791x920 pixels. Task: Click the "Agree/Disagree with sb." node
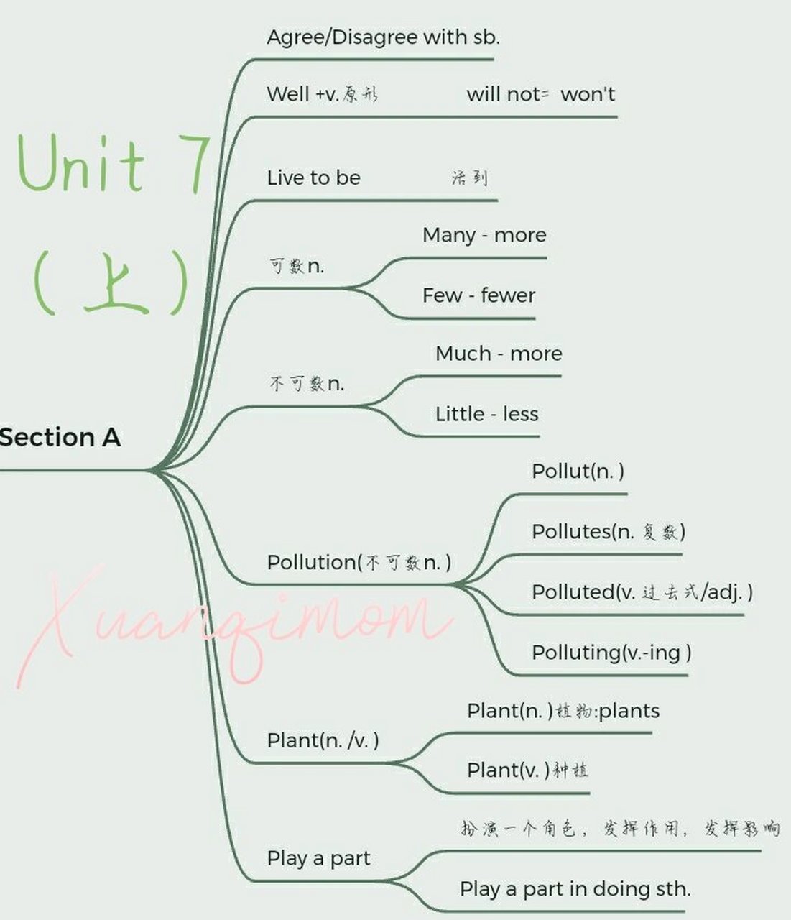click(x=383, y=37)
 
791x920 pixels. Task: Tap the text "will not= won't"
click(x=540, y=94)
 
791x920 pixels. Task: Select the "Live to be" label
click(x=313, y=178)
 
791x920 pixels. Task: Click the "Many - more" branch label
click(x=484, y=235)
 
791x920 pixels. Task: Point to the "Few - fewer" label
click(x=478, y=295)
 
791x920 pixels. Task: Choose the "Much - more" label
click(x=498, y=354)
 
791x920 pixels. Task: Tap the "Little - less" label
click(x=486, y=414)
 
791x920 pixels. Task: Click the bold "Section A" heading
click(x=60, y=437)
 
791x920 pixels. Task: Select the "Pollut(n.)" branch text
click(x=578, y=471)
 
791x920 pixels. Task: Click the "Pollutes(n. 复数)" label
click(x=608, y=532)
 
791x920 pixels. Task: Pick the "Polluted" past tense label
click(x=642, y=592)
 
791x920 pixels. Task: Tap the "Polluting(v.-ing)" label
click(x=611, y=653)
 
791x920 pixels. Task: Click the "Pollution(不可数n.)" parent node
click(x=359, y=562)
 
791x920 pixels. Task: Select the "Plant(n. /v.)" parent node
click(x=323, y=740)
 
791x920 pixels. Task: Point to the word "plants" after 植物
click(x=629, y=711)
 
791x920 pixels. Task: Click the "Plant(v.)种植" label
click(x=527, y=770)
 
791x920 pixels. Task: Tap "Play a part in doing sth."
click(x=575, y=889)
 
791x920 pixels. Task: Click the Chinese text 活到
click(x=470, y=178)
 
